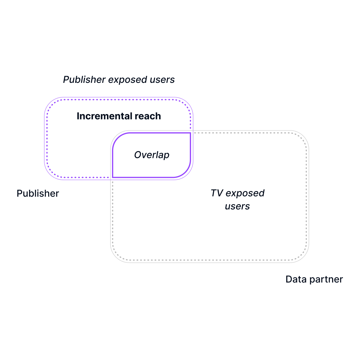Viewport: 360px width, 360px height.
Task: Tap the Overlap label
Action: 152,155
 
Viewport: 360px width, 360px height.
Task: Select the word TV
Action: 217,193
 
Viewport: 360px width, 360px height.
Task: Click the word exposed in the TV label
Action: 245,193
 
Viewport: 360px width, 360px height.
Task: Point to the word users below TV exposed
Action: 237,206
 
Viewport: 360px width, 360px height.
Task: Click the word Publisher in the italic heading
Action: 84,80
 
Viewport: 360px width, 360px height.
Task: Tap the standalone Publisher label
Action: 38,193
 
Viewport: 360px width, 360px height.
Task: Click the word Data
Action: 296,279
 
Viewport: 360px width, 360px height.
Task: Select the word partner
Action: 326,279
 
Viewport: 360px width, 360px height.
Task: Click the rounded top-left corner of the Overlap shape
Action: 117,137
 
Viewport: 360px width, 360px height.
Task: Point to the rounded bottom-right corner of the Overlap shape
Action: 186,173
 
